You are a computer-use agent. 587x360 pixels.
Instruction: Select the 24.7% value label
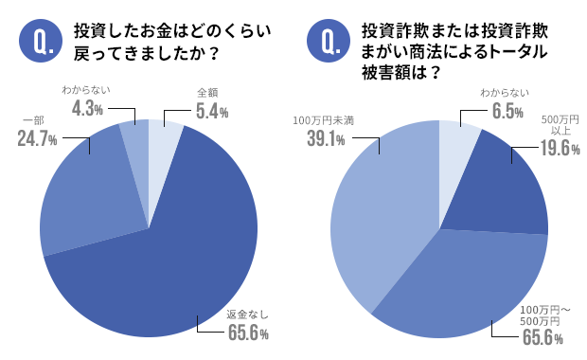pyautogui.click(x=37, y=139)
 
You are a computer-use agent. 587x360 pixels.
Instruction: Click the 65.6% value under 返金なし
pyautogui.click(x=248, y=333)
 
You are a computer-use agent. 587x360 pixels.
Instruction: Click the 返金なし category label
pyautogui.click(x=248, y=315)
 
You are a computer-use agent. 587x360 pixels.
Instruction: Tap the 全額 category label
pyautogui.click(x=208, y=94)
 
